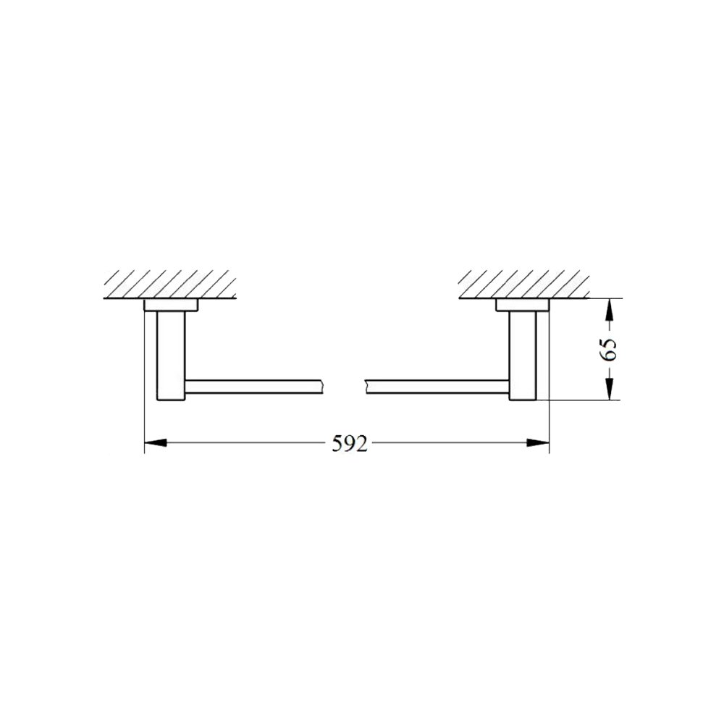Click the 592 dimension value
[x=350, y=444]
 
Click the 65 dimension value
[x=608, y=350]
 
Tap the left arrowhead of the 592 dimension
[x=156, y=442]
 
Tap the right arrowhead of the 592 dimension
[x=539, y=442]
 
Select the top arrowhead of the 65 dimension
[x=610, y=309]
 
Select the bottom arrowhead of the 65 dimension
[x=610, y=389]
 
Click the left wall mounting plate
[x=172, y=306]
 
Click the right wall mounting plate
[x=523, y=306]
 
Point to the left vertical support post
[x=172, y=355]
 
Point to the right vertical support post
[x=523, y=355]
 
